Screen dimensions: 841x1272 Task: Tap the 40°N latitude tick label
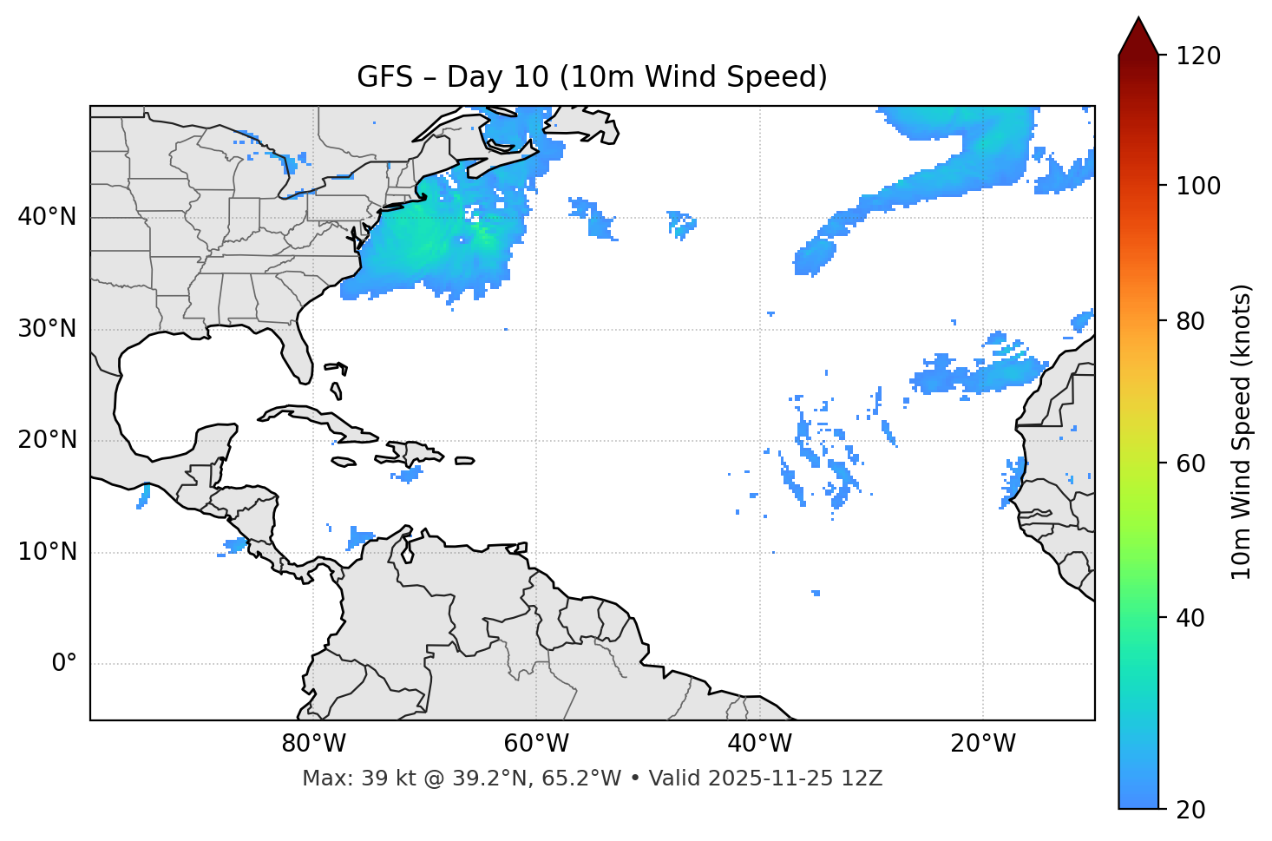(x=47, y=217)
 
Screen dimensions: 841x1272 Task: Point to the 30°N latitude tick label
(x=47, y=329)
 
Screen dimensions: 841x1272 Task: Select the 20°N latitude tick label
(x=47, y=440)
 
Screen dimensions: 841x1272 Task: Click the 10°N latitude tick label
(x=47, y=552)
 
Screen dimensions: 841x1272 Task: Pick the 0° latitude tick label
(x=64, y=664)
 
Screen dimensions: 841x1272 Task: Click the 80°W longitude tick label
(x=313, y=744)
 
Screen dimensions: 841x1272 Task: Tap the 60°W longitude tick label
(x=536, y=744)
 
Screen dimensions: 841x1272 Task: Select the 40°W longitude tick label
(x=760, y=744)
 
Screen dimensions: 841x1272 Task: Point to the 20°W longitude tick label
(x=983, y=744)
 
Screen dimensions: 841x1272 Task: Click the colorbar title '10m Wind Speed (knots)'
(x=1242, y=431)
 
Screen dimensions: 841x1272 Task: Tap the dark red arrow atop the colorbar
(x=1138, y=36)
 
